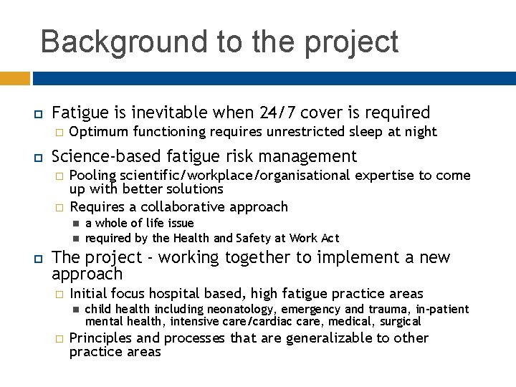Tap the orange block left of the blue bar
[x=14, y=77]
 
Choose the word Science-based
[x=109, y=156]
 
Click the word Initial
[x=88, y=293]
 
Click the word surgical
[x=400, y=322]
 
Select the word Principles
[x=100, y=338]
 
